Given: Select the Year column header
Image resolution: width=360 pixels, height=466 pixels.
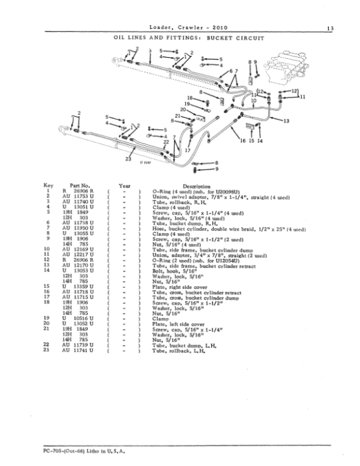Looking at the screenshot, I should (x=124, y=186).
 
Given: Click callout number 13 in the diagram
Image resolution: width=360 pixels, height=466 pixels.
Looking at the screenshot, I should (x=286, y=121).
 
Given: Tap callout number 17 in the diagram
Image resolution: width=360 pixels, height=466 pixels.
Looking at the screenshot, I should (x=187, y=150).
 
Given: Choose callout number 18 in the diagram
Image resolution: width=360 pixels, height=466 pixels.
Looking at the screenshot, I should (x=189, y=97).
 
